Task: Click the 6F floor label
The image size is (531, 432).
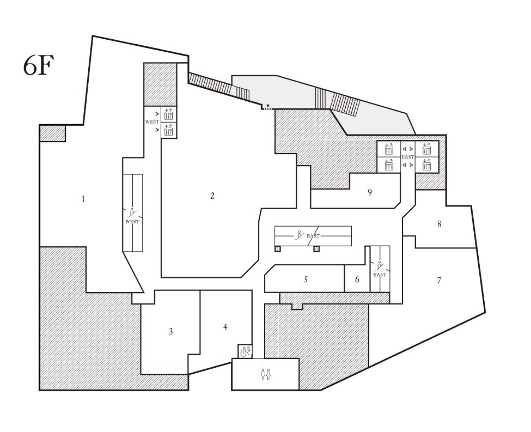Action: (x=39, y=65)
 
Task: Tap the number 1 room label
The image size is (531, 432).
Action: (x=83, y=199)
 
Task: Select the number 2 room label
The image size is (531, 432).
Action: (x=212, y=196)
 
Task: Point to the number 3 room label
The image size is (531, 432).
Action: (x=171, y=331)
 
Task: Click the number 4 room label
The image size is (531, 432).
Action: (x=225, y=327)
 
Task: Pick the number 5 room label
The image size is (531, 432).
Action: (x=306, y=279)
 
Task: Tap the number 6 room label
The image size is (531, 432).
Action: (x=357, y=279)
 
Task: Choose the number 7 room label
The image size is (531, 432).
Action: (x=439, y=280)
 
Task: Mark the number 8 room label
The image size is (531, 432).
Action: (x=439, y=224)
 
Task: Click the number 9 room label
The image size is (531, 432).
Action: (x=370, y=192)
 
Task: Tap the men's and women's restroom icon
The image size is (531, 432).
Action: (x=266, y=374)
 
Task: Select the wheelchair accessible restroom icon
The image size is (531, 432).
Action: (x=246, y=351)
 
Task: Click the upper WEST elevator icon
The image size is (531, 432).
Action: (x=168, y=114)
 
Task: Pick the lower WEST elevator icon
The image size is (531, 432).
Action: (x=168, y=130)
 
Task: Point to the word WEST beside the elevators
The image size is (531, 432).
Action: (x=152, y=122)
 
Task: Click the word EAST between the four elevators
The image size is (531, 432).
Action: (x=408, y=157)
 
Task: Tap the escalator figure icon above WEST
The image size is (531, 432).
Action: (x=132, y=213)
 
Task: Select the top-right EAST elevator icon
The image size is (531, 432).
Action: (x=426, y=149)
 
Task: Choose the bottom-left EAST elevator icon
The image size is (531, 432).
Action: (x=389, y=165)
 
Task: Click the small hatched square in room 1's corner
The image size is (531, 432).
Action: (x=53, y=133)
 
